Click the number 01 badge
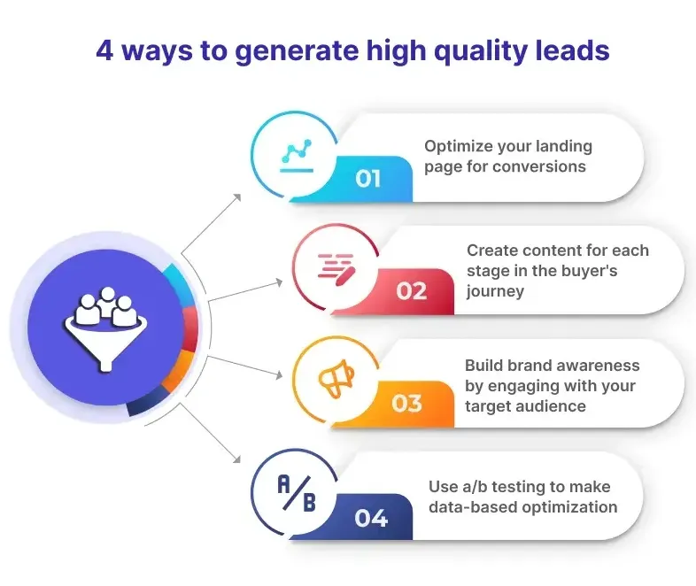[x=367, y=179]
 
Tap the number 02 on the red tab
[x=411, y=291]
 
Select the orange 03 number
[x=406, y=404]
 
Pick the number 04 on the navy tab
[x=371, y=518]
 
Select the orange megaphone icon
[x=336, y=378]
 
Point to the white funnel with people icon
[x=105, y=328]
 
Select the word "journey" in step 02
[x=495, y=291]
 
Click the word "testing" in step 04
[x=519, y=487]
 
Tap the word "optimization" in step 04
[x=569, y=507]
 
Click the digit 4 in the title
[x=104, y=50]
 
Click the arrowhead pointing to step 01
[x=237, y=197]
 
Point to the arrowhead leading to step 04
[x=236, y=459]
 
